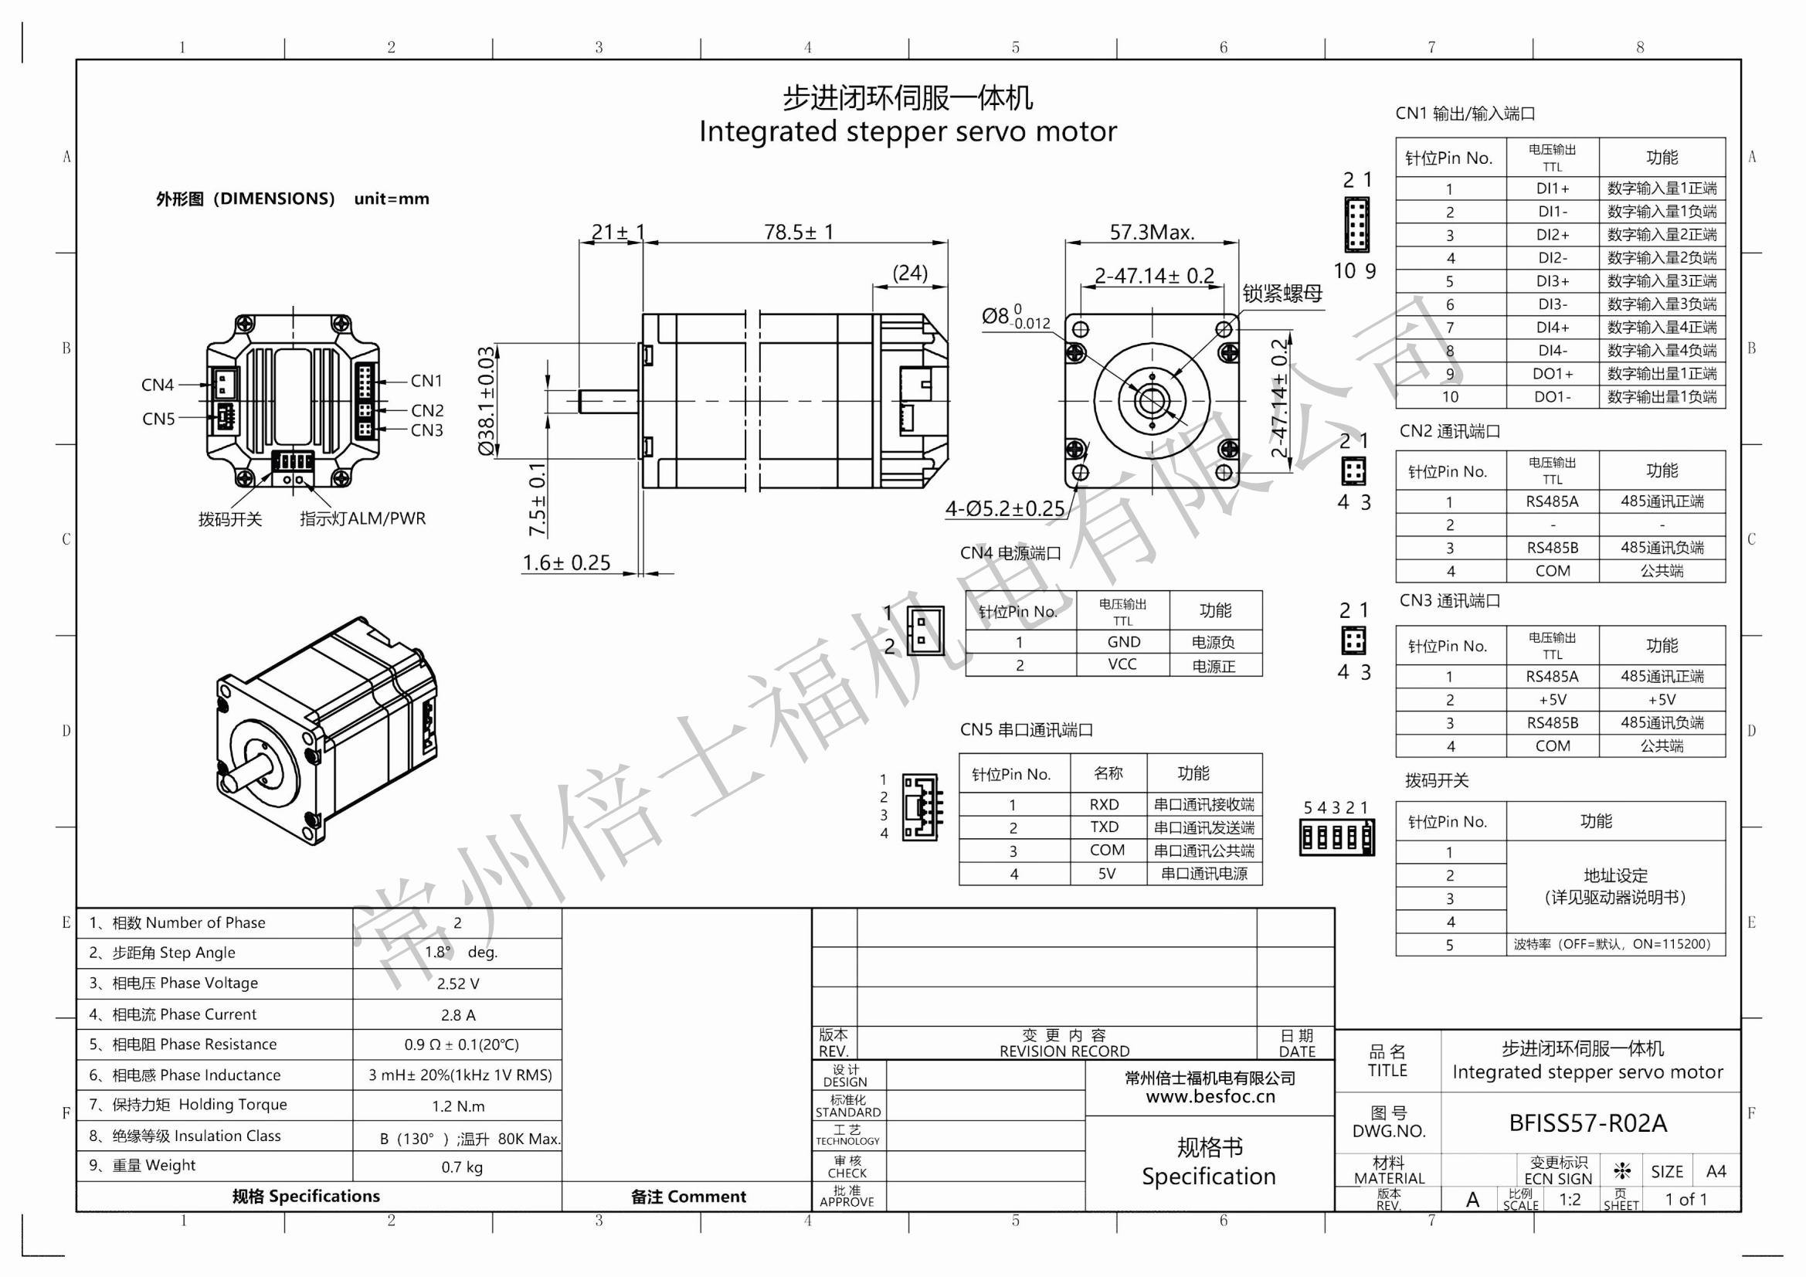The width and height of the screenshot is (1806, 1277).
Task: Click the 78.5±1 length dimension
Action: [x=798, y=232]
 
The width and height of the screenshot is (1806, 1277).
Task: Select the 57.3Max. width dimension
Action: [x=1152, y=232]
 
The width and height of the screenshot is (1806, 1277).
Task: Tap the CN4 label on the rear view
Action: [x=158, y=385]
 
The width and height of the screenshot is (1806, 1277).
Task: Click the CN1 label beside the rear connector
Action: [x=426, y=381]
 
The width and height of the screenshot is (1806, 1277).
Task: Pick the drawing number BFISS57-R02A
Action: [x=1587, y=1122]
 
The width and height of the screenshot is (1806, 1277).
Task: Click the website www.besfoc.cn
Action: [x=1210, y=1096]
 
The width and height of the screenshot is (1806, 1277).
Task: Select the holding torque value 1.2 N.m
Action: [x=458, y=1105]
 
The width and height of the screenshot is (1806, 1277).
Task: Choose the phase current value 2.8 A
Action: [x=458, y=1015]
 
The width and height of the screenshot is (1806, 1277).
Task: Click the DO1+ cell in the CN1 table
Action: [x=1552, y=374]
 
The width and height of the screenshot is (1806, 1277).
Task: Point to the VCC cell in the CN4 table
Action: [x=1122, y=664]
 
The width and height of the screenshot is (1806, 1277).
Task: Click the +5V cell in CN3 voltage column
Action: [x=1552, y=699]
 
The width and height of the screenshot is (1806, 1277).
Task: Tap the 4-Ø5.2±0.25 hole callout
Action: [x=1004, y=509]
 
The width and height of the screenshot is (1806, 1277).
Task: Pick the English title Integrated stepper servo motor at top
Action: [x=907, y=131]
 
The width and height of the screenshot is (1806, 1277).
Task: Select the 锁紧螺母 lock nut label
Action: [x=1282, y=294]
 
